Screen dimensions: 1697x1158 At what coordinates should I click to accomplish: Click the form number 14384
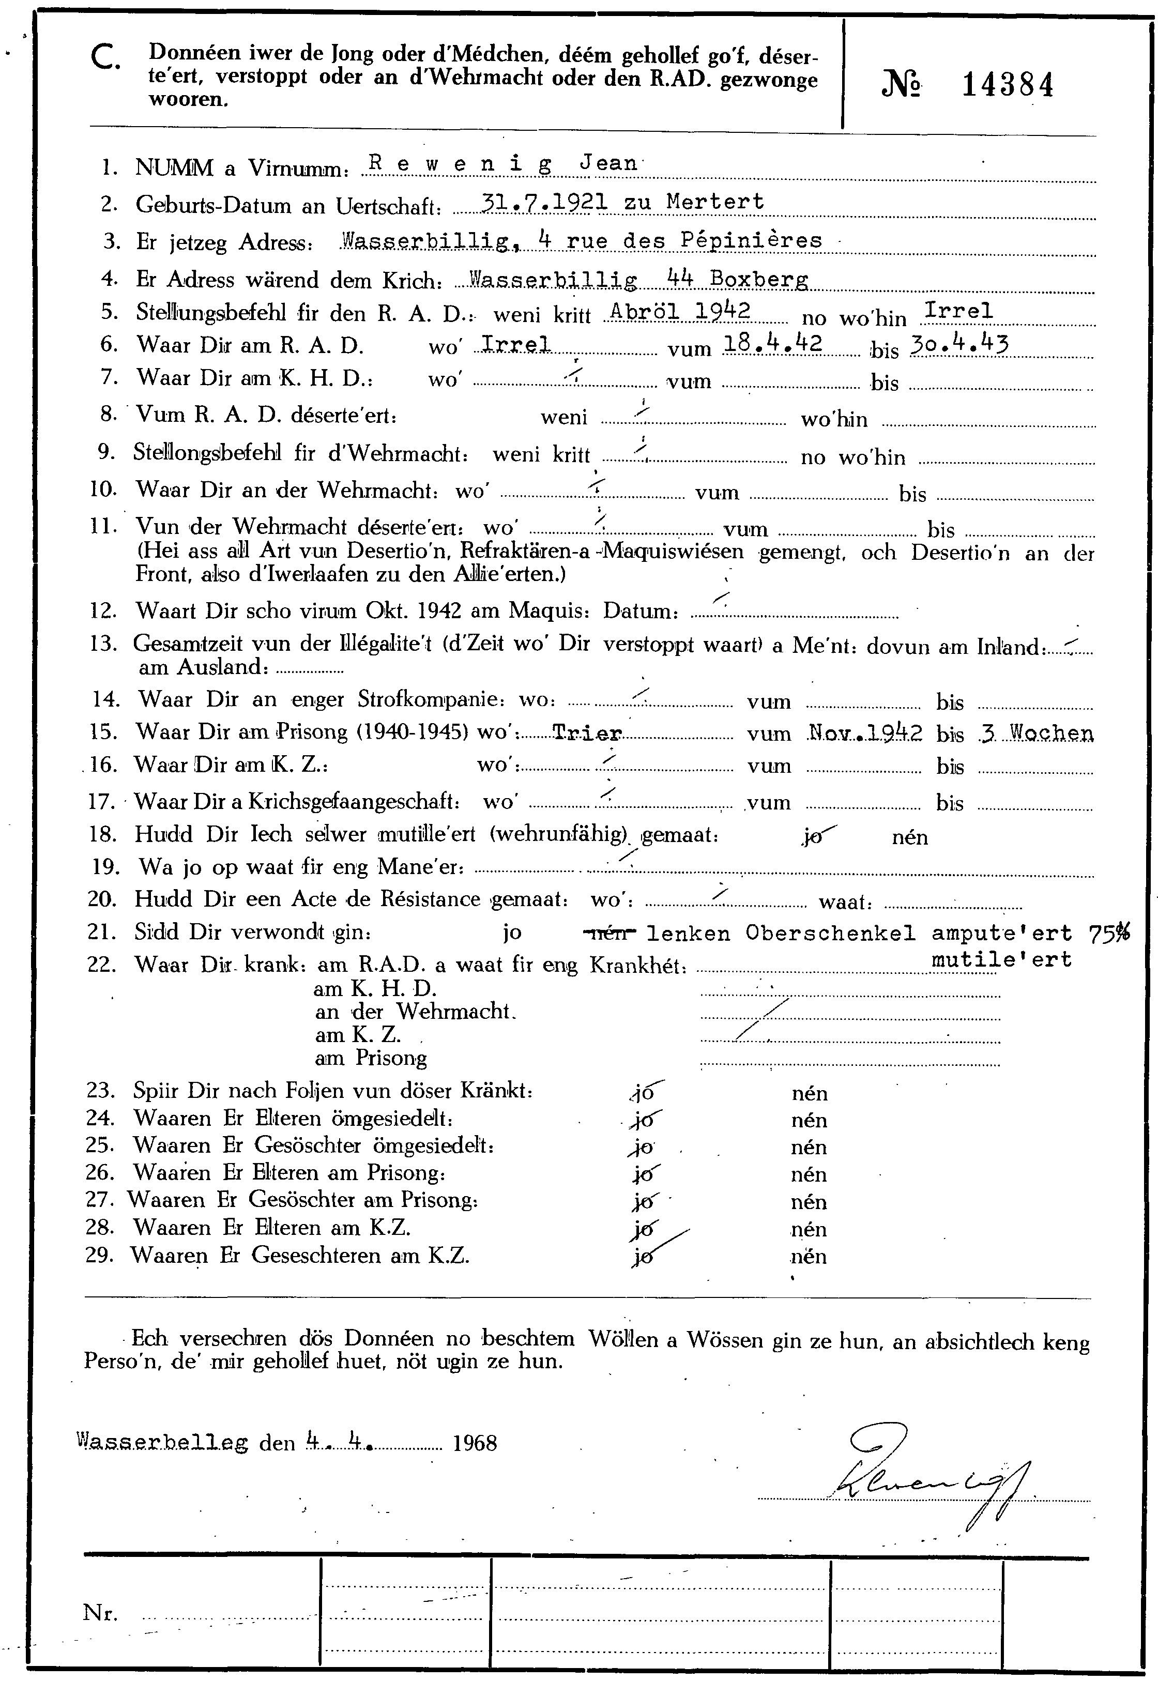point(1008,85)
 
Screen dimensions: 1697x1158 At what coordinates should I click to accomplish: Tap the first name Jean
point(607,163)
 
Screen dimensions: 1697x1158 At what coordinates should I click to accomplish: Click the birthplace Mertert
point(715,202)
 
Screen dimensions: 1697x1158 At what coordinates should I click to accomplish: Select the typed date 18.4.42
point(772,344)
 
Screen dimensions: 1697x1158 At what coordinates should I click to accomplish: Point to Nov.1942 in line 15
point(865,732)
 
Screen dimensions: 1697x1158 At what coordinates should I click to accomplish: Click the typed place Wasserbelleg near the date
point(162,1442)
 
